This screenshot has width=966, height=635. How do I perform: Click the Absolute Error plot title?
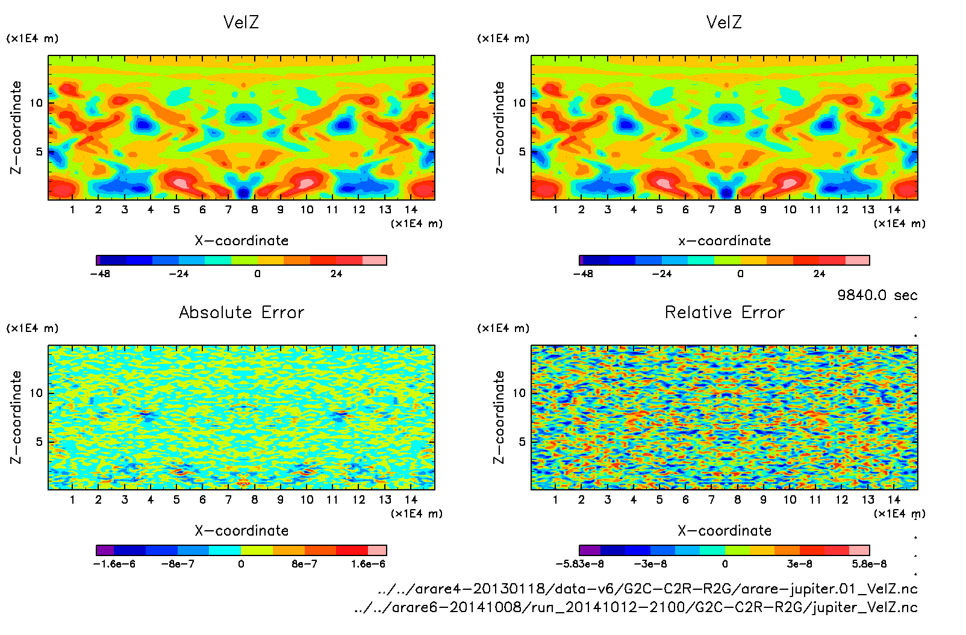click(241, 312)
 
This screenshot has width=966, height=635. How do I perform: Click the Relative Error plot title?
click(724, 312)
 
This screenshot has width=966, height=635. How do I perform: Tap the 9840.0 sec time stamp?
click(877, 295)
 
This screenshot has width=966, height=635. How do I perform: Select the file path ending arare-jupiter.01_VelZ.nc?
click(647, 589)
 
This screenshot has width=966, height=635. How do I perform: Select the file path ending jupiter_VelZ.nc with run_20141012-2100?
click(636, 607)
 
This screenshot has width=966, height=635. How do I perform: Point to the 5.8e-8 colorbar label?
click(869, 564)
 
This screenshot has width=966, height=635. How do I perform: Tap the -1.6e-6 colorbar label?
click(114, 564)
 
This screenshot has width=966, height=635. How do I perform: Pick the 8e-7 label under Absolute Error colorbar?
click(304, 564)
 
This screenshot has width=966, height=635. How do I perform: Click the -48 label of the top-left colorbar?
click(100, 274)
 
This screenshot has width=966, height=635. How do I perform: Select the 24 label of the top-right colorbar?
click(819, 274)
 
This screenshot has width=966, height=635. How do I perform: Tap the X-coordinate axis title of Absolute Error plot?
click(241, 531)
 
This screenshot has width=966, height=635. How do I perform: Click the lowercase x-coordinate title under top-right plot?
click(724, 241)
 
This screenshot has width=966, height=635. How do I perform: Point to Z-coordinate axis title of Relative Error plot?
click(499, 417)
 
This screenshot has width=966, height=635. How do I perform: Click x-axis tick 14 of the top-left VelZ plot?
click(411, 210)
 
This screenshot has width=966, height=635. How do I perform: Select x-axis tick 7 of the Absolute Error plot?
click(228, 499)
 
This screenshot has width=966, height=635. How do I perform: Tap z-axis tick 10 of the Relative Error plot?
click(519, 393)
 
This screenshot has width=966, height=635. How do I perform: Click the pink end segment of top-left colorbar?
click(375, 260)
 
